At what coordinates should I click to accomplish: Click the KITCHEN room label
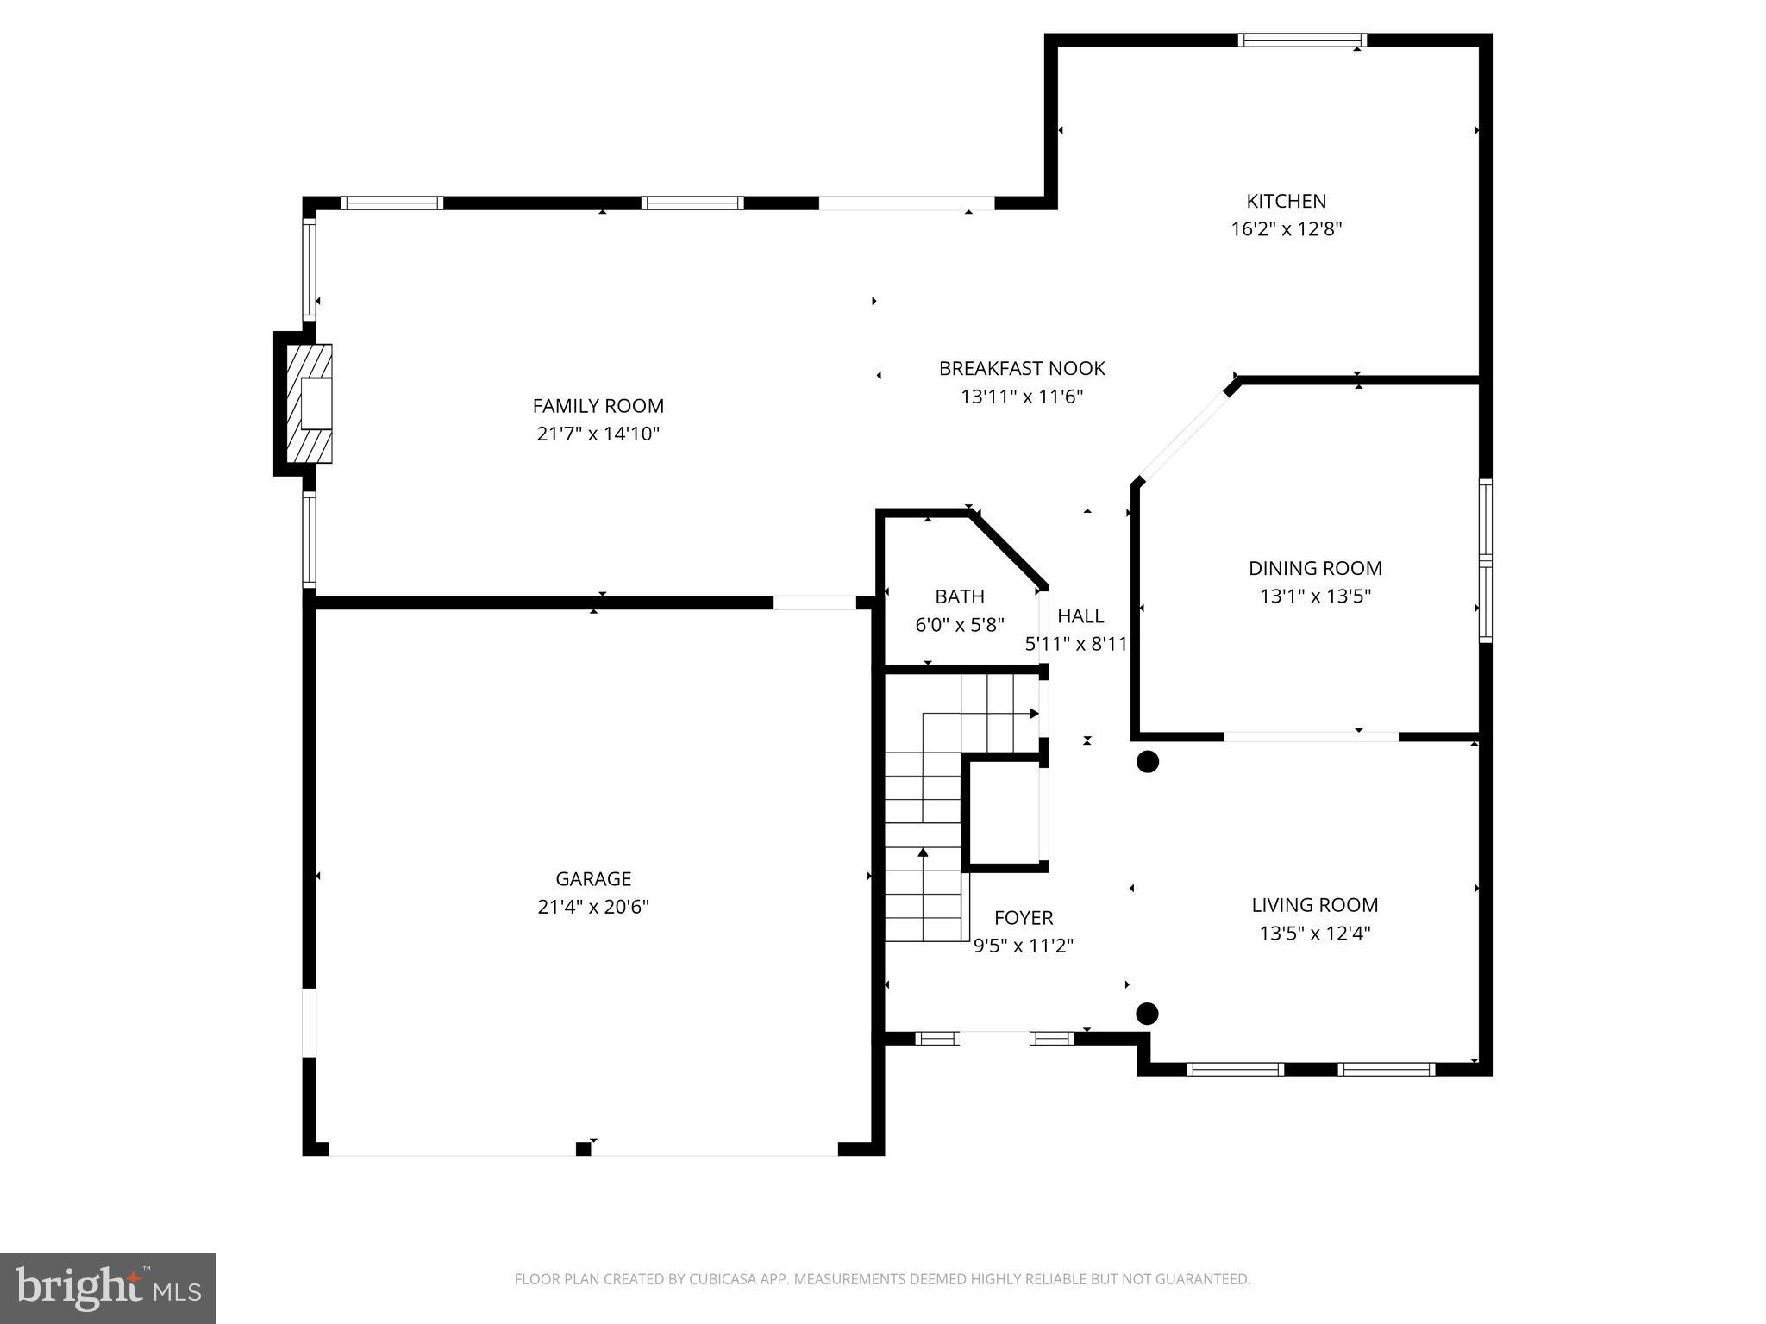tap(1286, 201)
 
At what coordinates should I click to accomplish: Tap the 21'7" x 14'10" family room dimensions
tap(598, 434)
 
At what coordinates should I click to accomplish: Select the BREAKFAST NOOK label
tap(1021, 368)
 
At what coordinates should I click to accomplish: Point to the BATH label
tap(959, 596)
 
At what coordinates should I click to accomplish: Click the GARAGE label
tap(593, 878)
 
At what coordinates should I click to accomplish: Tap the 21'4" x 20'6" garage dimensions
tap(593, 907)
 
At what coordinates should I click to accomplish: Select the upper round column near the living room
tap(1147, 761)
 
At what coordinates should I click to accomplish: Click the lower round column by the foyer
tap(1146, 1014)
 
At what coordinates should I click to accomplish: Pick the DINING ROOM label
tap(1315, 568)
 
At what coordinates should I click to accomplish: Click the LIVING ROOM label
tap(1314, 904)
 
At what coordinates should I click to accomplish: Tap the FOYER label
tap(1023, 917)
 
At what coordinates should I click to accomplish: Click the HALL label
tap(1080, 616)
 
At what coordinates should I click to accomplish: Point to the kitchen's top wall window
tap(1302, 40)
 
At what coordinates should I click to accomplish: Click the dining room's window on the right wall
tap(1485, 560)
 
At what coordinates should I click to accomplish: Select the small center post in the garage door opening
tap(584, 1148)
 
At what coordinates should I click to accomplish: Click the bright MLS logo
tap(108, 1289)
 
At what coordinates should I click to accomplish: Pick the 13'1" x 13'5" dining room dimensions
tap(1315, 596)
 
